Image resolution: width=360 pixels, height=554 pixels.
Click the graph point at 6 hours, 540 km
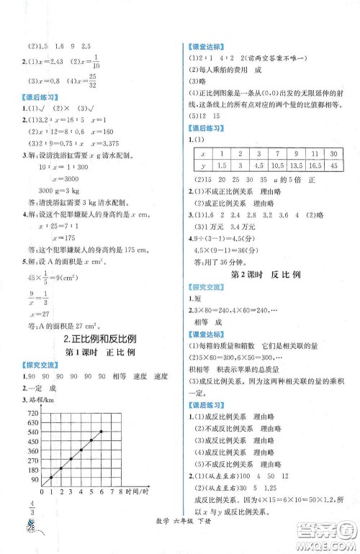click(x=101, y=431)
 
